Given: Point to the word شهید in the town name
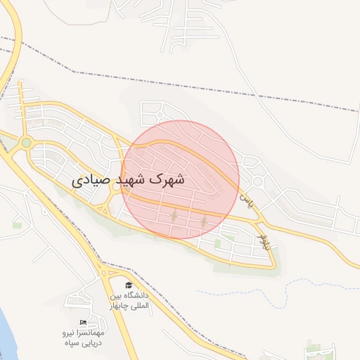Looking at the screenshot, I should [134, 180].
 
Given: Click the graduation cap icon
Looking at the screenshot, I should [128, 285].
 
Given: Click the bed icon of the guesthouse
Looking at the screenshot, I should [84, 322].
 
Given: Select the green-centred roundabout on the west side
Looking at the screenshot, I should [27, 143].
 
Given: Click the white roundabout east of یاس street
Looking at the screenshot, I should [258, 181].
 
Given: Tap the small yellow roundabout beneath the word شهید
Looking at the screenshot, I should [115, 187].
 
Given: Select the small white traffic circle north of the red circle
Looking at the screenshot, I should [160, 113].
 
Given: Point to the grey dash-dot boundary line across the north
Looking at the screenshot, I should [211, 93].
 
